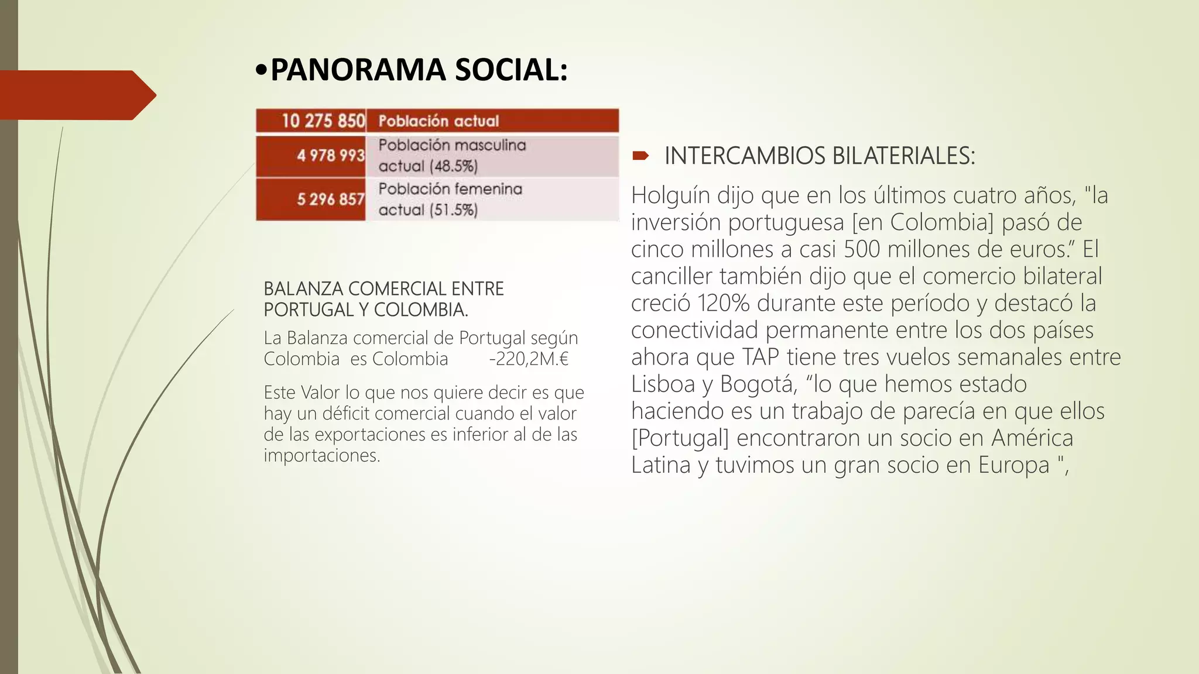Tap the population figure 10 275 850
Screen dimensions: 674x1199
[x=323, y=121]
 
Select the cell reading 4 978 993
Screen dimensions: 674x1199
[x=330, y=156]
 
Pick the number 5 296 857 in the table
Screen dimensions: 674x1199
[x=330, y=200]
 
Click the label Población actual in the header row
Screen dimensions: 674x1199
[x=439, y=121]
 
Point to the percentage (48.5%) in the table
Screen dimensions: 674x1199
[x=453, y=167]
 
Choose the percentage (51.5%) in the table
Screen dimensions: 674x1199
[x=453, y=211]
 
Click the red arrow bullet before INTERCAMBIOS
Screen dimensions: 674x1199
[x=640, y=156]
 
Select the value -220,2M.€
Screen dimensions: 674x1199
[x=529, y=359]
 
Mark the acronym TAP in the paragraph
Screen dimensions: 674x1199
[x=761, y=357]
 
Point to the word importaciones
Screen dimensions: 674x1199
[x=321, y=456]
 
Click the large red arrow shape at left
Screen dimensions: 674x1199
[x=76, y=95]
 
